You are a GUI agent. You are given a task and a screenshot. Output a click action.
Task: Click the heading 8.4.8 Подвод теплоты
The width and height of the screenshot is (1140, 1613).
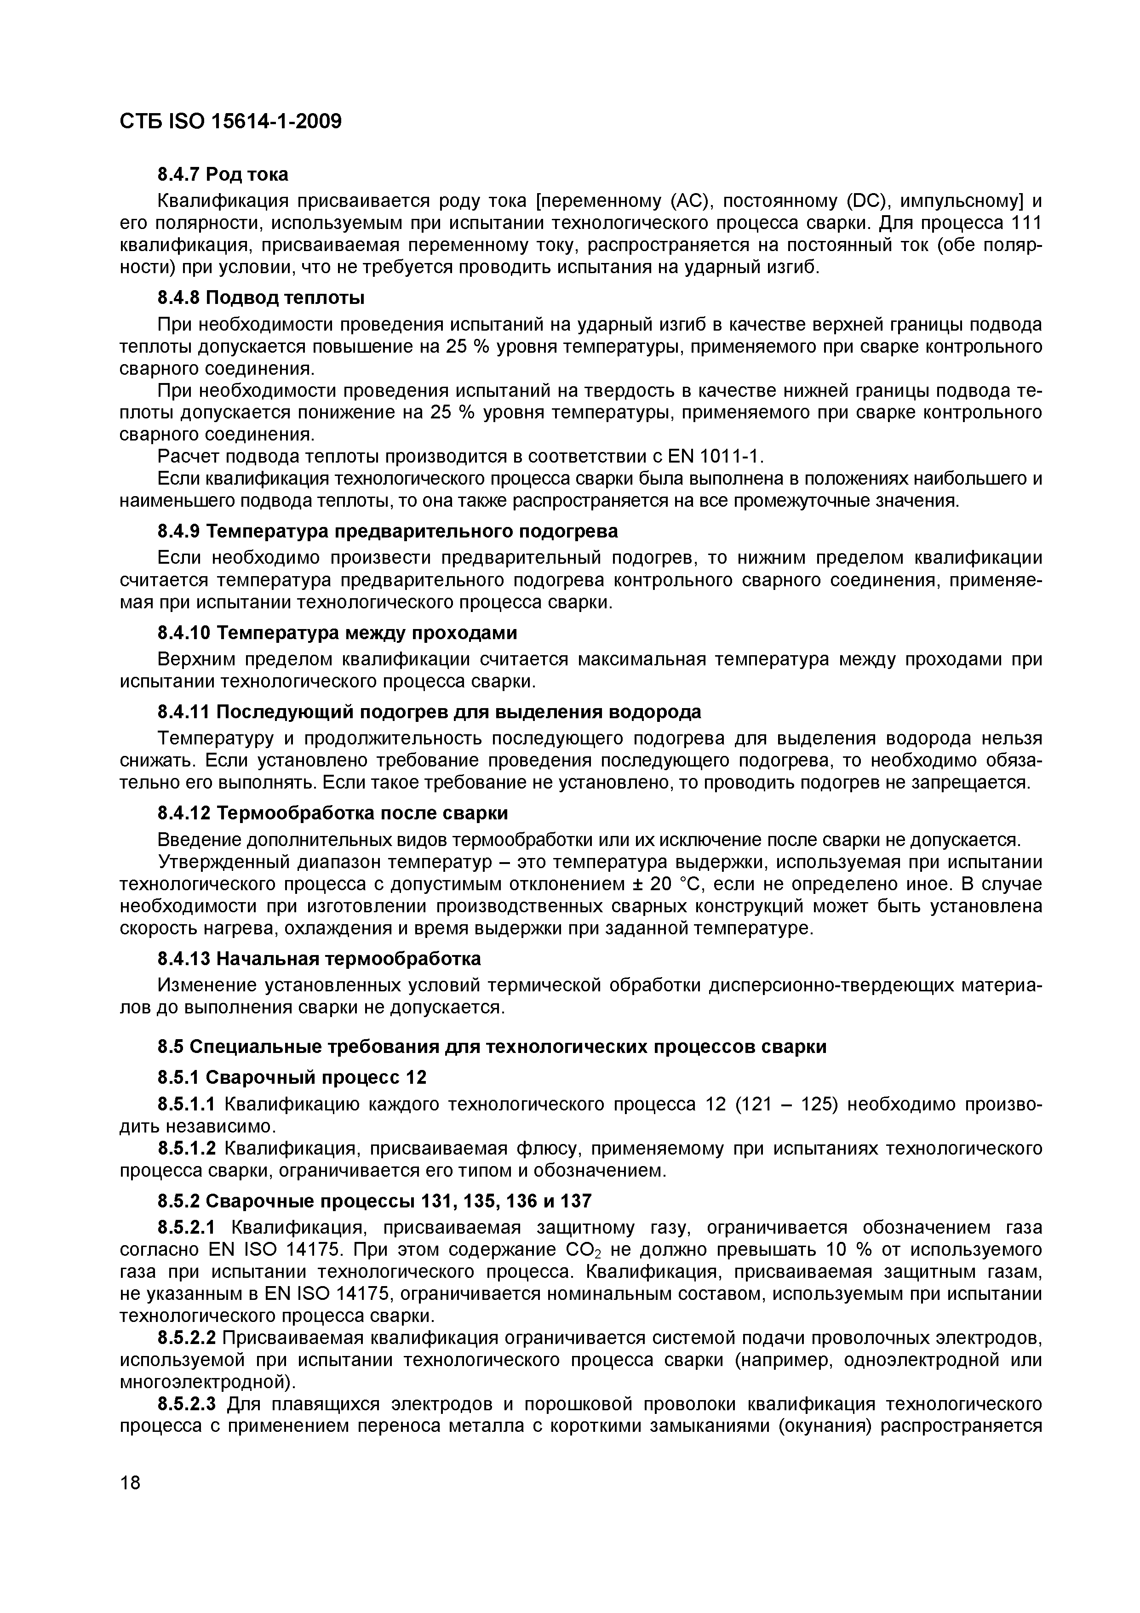[x=261, y=298]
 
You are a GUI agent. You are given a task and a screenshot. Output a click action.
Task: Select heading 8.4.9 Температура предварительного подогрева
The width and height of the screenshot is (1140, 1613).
[x=387, y=531]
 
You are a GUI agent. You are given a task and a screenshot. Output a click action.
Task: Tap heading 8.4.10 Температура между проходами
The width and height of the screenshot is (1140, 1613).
[x=337, y=633]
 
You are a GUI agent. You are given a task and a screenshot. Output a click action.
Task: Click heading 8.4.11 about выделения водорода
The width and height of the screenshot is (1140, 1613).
[x=429, y=712]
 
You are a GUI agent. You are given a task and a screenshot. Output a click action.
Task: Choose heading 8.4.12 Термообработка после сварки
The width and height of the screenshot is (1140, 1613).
[x=332, y=813]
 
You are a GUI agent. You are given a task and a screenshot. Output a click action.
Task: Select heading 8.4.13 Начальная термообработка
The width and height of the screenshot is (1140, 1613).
[x=319, y=958]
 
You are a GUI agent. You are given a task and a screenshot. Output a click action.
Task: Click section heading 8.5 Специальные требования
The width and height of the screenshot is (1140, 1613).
[x=492, y=1046]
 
